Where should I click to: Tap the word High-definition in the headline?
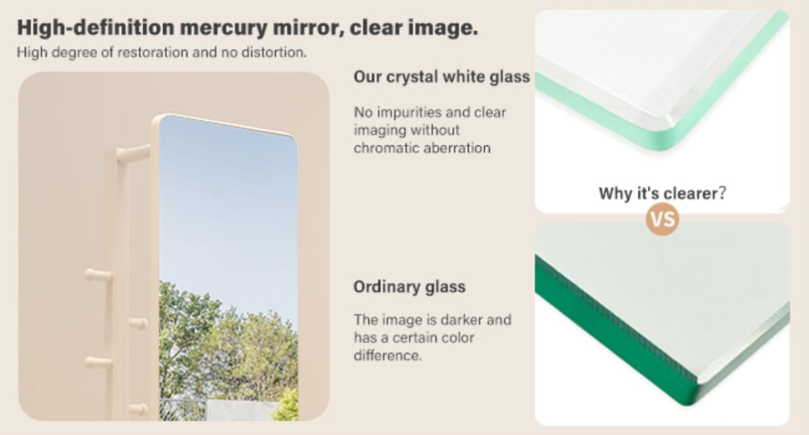[x=96, y=28]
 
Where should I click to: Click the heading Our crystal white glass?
[x=442, y=77]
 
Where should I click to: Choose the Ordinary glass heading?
[x=409, y=287]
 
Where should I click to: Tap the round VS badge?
[x=663, y=219]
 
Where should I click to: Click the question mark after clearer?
[x=722, y=193]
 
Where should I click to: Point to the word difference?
[x=387, y=355]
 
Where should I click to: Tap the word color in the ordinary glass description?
[x=457, y=338]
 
